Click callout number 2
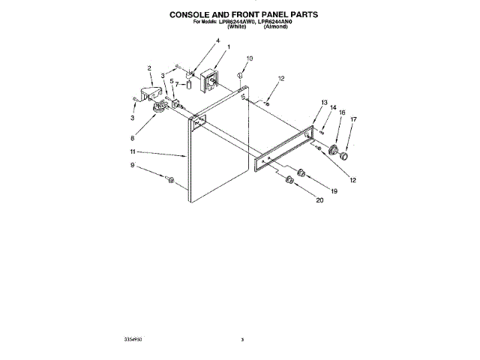pos(149,69)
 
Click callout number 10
pos(250,58)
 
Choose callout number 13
pos(324,102)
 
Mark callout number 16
pos(342,112)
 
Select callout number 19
pos(334,191)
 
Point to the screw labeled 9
pos(170,180)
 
